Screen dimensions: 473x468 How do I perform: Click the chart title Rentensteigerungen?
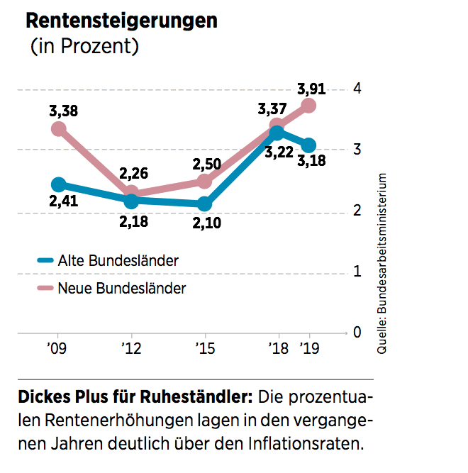121,20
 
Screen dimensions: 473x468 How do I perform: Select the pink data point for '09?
59,129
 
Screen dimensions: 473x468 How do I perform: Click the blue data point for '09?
59,185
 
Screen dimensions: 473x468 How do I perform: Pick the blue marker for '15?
204,204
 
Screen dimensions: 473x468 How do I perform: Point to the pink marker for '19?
309,106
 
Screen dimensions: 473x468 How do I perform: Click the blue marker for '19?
309,145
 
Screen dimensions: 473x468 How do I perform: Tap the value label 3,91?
311,89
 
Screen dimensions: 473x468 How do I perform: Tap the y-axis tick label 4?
356,89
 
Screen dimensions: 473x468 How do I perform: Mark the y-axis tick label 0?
356,332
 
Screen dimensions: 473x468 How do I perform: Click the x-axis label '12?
130,349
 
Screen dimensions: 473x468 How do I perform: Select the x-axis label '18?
278,349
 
